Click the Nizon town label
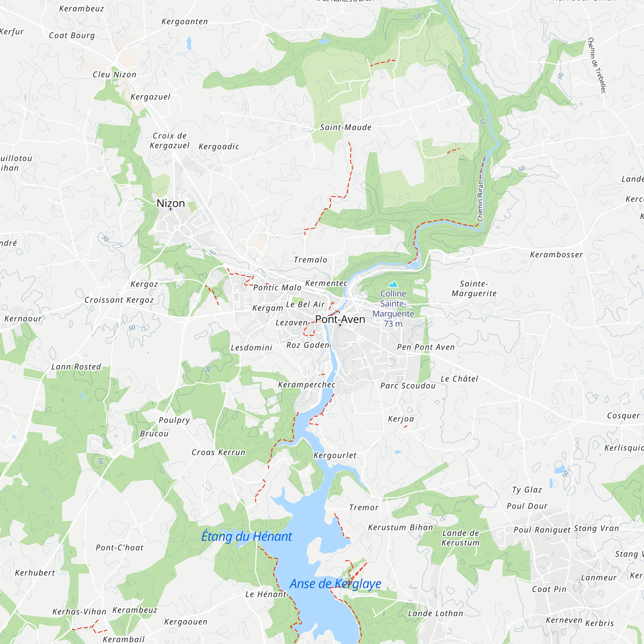tap(171, 203)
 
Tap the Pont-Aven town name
tap(340, 319)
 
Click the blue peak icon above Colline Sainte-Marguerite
tap(393, 284)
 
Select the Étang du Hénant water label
tap(247, 537)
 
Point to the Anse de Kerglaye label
tap(335, 584)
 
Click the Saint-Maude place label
tap(346, 127)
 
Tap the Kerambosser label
tap(556, 255)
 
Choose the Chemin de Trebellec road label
tap(597, 65)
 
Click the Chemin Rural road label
tap(480, 202)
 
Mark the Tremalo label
tap(310, 260)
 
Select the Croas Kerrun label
tap(218, 452)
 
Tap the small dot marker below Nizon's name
tap(171, 209)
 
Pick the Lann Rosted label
tap(76, 367)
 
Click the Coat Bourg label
tap(72, 35)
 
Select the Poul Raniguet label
tap(542, 530)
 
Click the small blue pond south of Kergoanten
tap(189, 43)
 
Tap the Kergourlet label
tap(335, 455)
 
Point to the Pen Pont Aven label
tap(426, 347)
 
